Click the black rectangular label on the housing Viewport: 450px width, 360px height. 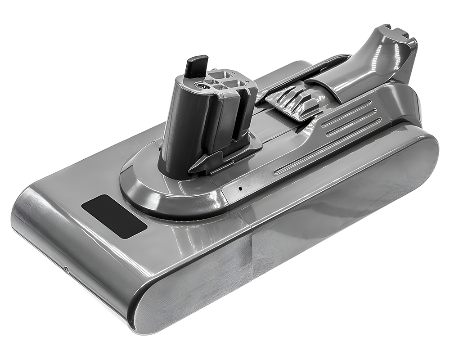click(114, 216)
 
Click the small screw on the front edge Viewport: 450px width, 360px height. click(67, 270)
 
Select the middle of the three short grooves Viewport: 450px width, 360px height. click(351, 118)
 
